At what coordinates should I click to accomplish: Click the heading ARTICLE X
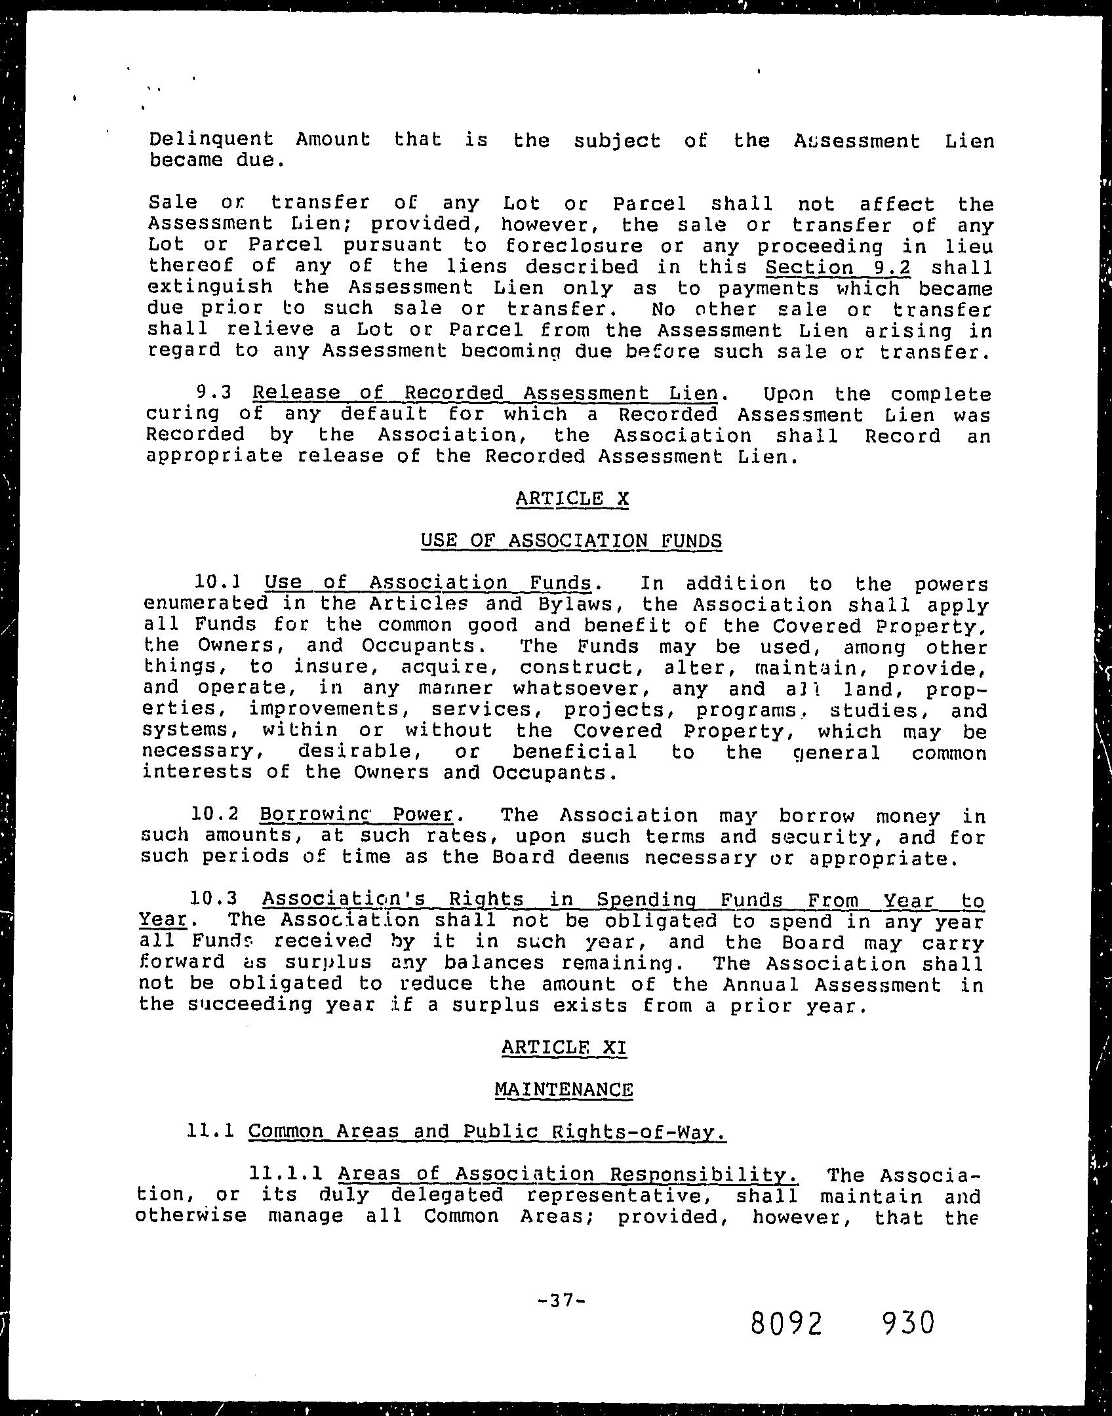pyautogui.click(x=572, y=499)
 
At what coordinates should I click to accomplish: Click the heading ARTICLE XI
pyautogui.click(x=564, y=1047)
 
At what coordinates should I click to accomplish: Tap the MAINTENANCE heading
pyautogui.click(x=564, y=1090)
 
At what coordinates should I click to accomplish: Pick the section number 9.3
pyautogui.click(x=214, y=393)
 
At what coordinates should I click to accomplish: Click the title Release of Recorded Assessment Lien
pyautogui.click(x=485, y=393)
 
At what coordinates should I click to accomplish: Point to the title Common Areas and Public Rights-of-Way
pyautogui.click(x=488, y=1131)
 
